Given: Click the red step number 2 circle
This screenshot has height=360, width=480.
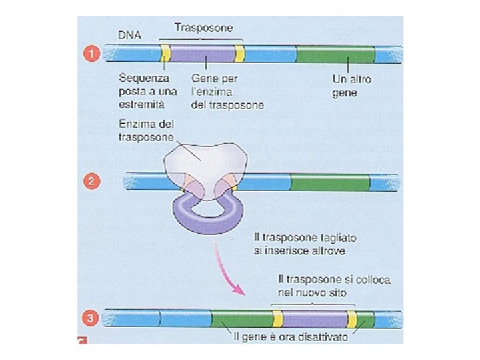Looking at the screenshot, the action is point(94,181).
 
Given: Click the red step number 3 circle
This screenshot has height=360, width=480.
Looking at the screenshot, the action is point(94,319).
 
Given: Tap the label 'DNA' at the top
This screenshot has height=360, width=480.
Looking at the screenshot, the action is point(129,35).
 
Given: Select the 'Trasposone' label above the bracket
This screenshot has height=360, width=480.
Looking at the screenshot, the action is point(203,28).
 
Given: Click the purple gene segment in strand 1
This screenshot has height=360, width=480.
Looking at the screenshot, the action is point(203,53).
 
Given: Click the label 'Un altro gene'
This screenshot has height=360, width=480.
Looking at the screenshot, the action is point(351,86).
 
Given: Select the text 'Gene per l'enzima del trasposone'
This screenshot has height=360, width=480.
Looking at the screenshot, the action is point(227,91).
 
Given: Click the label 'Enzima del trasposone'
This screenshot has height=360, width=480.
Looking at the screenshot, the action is point(146,130).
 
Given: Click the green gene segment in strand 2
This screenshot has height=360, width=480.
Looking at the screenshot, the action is point(329,181).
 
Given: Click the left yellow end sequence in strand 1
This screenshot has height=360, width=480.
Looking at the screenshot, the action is point(165,53).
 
